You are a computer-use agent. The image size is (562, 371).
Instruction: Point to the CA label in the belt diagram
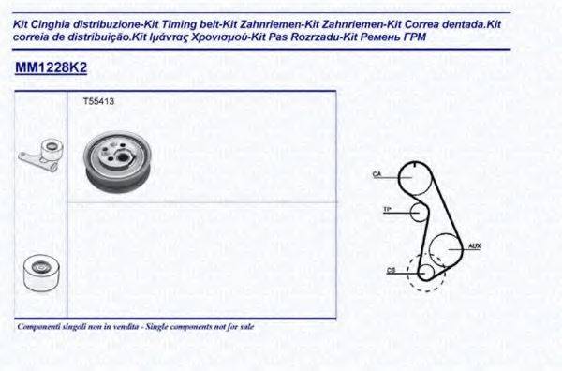[x=377, y=173]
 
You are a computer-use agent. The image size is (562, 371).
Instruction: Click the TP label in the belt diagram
[x=387, y=208]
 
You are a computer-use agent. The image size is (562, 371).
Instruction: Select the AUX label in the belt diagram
[x=475, y=247]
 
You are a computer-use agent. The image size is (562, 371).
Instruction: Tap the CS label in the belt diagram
[x=392, y=272]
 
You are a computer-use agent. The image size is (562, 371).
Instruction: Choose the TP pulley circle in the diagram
[x=418, y=212]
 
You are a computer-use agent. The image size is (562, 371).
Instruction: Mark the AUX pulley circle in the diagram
[x=445, y=251]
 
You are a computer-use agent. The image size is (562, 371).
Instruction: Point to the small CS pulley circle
[x=425, y=272]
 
